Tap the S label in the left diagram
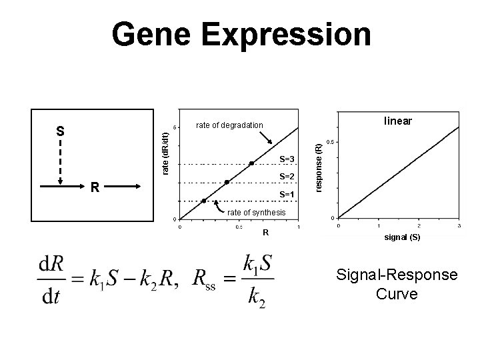click(60, 131)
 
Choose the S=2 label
click(287, 177)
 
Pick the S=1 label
click(287, 195)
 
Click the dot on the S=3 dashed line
click(251, 163)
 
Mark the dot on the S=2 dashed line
click(227, 182)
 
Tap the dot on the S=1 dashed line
click(204, 200)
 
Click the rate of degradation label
click(229, 125)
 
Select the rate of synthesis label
click(256, 212)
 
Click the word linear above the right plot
click(397, 121)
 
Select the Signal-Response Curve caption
click(397, 284)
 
